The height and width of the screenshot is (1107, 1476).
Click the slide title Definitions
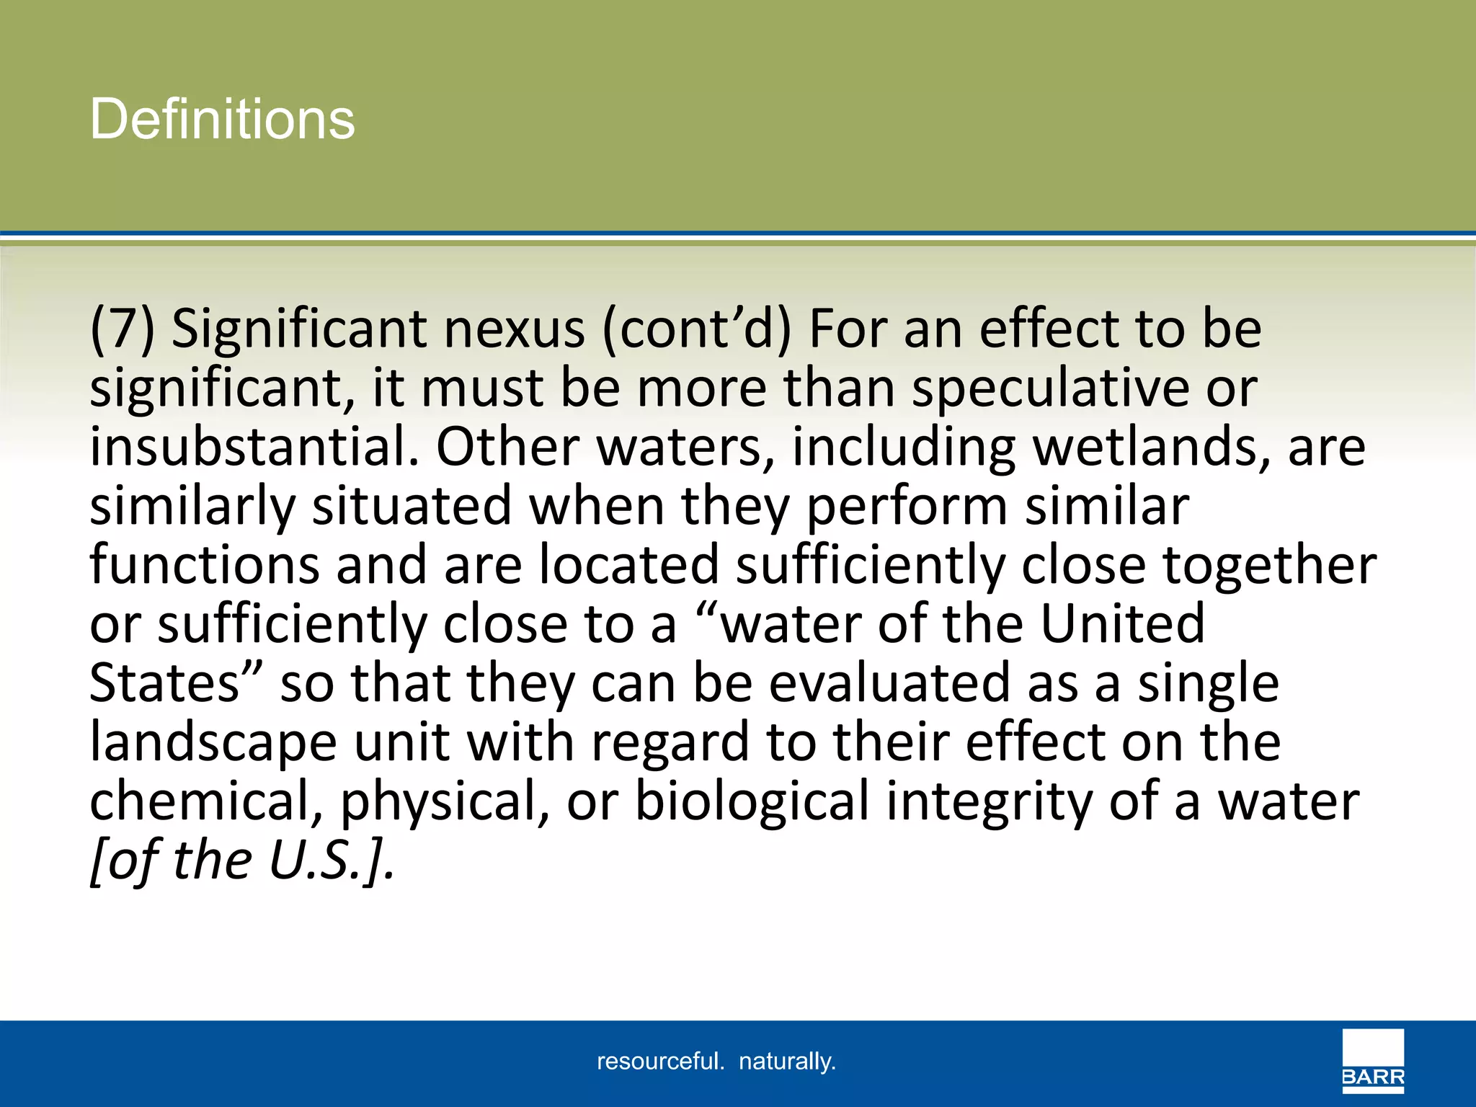point(222,119)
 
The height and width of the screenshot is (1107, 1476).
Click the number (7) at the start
point(122,329)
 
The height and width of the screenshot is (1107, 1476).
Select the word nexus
point(514,329)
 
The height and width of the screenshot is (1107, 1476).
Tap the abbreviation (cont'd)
point(696,329)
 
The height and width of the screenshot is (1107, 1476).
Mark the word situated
point(412,506)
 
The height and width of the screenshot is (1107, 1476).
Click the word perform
point(907,507)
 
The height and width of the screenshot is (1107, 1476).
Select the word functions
point(205,565)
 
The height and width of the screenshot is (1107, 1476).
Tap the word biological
point(752,802)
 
